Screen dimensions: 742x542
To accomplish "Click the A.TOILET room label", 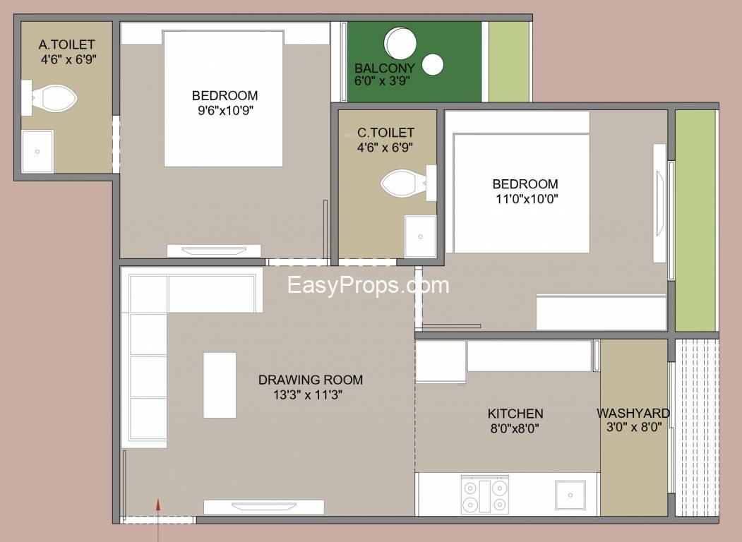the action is (x=67, y=44).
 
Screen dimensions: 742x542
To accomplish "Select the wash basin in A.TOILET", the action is (x=37, y=151).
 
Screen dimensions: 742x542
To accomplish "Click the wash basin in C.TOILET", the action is (x=420, y=236).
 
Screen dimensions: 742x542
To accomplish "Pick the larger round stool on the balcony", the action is (x=401, y=43).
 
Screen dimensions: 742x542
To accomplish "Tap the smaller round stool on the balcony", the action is (x=433, y=65).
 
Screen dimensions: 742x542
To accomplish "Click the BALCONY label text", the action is (x=385, y=68).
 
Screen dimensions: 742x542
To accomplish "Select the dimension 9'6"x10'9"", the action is (x=225, y=111).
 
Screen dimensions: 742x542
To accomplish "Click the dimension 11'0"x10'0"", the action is (x=527, y=199).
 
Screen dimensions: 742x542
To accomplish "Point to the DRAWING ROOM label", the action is (x=311, y=380).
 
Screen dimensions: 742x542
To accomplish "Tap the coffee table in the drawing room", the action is (x=220, y=385).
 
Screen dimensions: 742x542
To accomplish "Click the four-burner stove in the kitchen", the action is (x=485, y=495).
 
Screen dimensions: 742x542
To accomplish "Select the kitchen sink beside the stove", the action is (x=570, y=495).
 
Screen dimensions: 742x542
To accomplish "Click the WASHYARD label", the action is (x=633, y=414).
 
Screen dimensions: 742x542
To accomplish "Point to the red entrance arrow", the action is (x=159, y=519).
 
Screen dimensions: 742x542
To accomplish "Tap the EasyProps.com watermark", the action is (x=368, y=285).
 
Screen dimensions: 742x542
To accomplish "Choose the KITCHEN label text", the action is (x=515, y=414).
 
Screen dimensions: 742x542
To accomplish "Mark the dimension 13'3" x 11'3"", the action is (x=308, y=395).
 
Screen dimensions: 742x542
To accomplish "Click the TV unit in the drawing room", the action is (x=263, y=507).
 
